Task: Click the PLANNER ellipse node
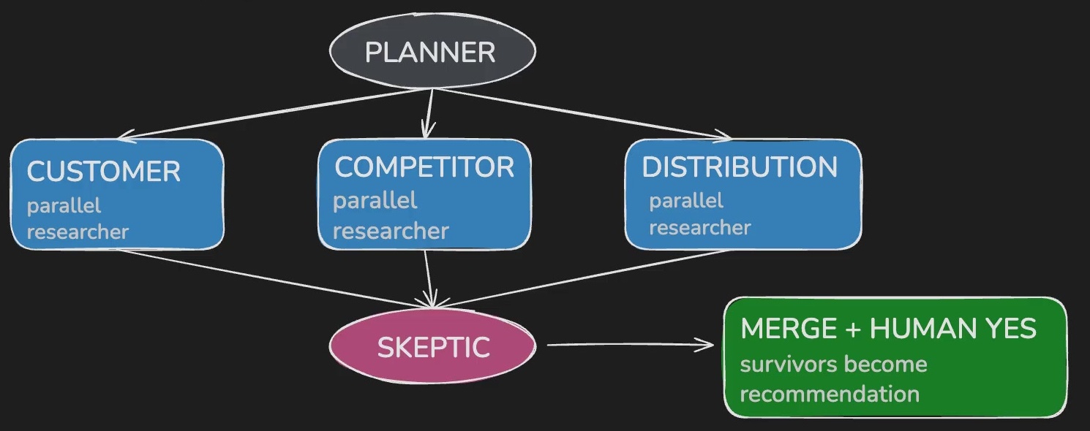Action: (x=432, y=51)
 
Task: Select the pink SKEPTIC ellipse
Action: (x=432, y=346)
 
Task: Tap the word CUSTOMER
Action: (x=104, y=171)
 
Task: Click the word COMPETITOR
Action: (x=424, y=167)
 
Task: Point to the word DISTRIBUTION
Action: (x=740, y=167)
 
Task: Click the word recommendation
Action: (x=830, y=394)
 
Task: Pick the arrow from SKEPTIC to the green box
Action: (x=631, y=345)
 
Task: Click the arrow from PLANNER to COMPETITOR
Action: (x=429, y=114)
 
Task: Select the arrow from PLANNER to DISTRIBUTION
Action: (x=582, y=114)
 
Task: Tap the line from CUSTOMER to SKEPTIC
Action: (x=276, y=279)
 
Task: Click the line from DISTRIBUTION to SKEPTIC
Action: (x=582, y=279)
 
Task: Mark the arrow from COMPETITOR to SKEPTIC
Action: (x=429, y=279)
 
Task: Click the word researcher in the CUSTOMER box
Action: (x=78, y=232)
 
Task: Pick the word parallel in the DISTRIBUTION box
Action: (x=686, y=201)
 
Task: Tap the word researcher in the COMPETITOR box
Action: (x=391, y=232)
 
